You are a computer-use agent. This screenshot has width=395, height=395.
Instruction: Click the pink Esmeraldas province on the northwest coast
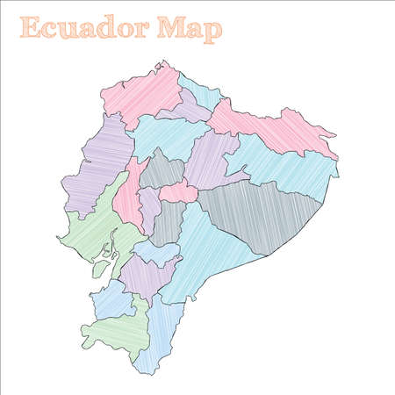pos(140,92)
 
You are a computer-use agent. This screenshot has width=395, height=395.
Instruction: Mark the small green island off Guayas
pos(100,269)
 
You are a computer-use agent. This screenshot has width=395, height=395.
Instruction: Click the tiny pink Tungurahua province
pos(178,190)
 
